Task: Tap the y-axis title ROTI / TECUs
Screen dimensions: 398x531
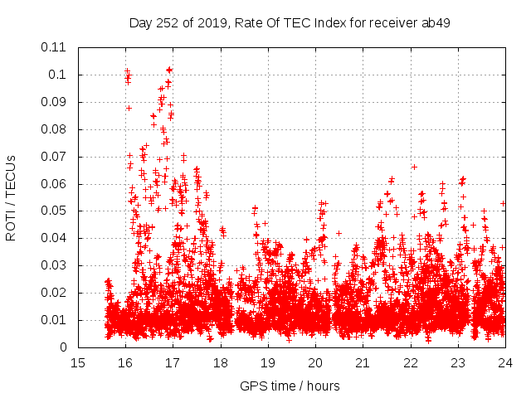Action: tap(11, 197)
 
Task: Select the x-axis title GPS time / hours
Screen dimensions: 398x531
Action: tap(290, 386)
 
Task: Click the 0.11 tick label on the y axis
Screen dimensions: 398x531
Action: tap(57, 47)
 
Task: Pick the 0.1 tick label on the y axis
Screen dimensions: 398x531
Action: tap(61, 75)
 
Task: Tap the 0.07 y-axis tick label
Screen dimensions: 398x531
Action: tap(57, 157)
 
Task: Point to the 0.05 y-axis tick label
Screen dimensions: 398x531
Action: tap(57, 211)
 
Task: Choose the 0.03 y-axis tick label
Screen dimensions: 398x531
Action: tap(57, 265)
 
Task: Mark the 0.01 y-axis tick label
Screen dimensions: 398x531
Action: tap(57, 320)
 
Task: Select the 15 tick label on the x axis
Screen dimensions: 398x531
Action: tap(78, 362)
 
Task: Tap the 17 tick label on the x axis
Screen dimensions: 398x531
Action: tap(173, 362)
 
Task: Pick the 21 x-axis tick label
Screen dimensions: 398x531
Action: tap(363, 362)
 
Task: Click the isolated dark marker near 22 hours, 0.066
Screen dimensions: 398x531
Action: tap(414, 167)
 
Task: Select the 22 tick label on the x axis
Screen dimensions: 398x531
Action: tap(410, 362)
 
